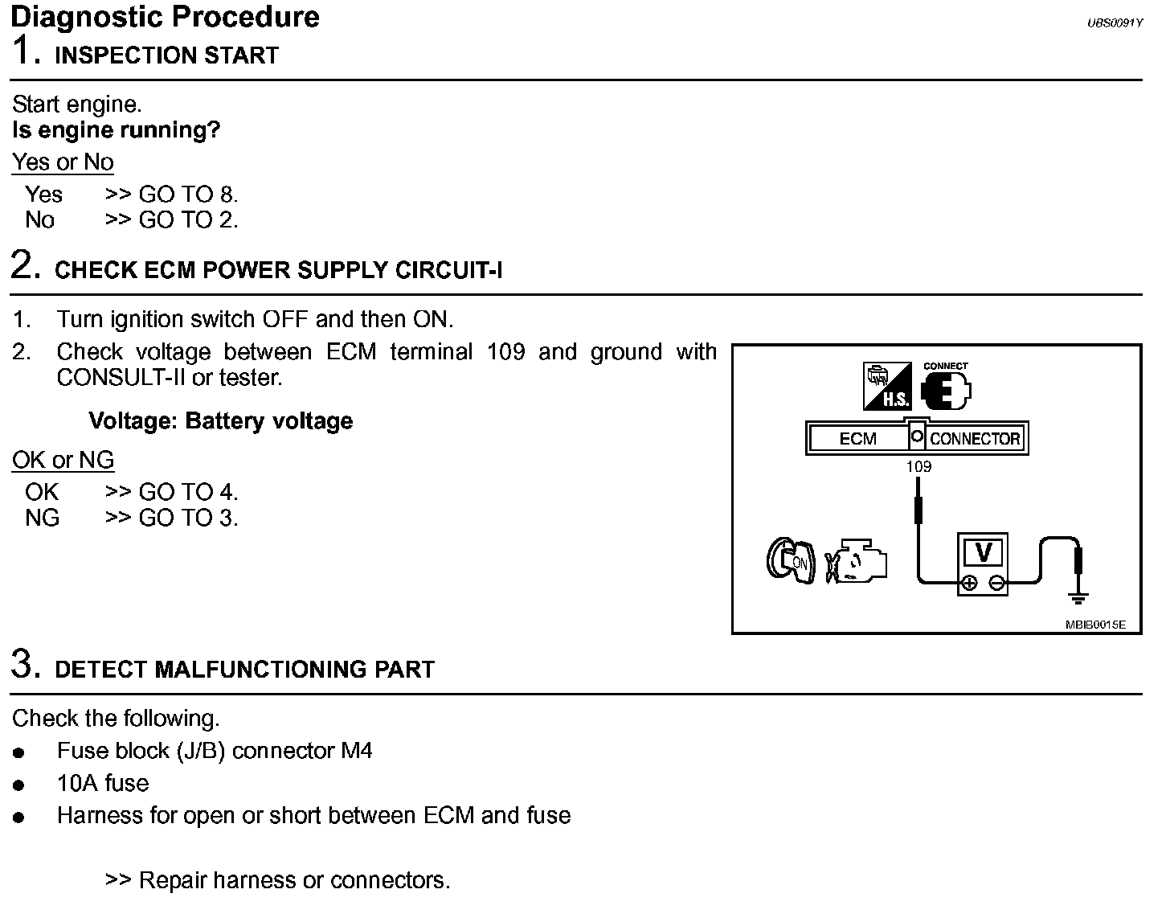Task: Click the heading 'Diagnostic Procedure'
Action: coord(166,17)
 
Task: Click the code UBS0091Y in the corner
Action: coord(1115,23)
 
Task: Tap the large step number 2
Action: coord(26,265)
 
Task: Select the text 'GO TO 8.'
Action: coord(189,195)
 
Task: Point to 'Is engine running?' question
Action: coord(117,130)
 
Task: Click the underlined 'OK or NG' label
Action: coord(63,461)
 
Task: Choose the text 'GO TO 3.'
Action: coord(189,518)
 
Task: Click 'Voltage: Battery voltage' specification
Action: coord(220,421)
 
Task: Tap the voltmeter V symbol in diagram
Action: coord(983,553)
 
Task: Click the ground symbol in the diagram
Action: coord(1078,597)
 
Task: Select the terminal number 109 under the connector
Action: coord(918,466)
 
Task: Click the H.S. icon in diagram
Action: coord(888,386)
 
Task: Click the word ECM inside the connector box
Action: coord(857,439)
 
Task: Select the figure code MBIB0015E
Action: coord(1096,625)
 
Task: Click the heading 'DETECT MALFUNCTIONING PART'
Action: coord(244,670)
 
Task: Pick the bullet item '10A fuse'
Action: coord(103,783)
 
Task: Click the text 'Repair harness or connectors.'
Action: coord(294,880)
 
